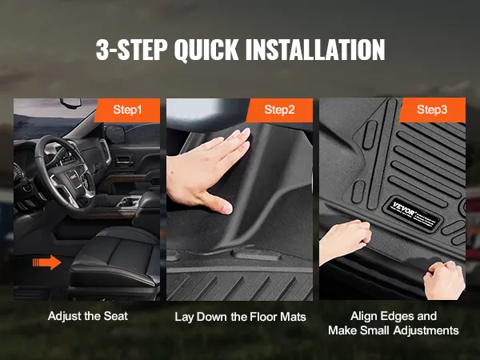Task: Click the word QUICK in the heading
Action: (x=206, y=50)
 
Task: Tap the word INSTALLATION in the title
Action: (x=315, y=50)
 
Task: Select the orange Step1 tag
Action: (x=127, y=110)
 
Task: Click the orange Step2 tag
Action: (x=279, y=110)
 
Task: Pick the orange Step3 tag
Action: (x=432, y=110)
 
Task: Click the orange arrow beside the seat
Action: (x=46, y=262)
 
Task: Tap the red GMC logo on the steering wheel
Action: (x=73, y=176)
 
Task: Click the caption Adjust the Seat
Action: (x=88, y=316)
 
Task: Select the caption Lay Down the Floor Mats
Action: (x=240, y=317)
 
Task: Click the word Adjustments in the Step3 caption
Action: (x=426, y=330)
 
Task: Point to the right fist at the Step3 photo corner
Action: (x=444, y=280)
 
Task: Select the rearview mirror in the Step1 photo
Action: (x=70, y=102)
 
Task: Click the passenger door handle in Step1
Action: (x=124, y=159)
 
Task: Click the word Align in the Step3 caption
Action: (x=364, y=316)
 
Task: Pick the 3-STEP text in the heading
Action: (x=132, y=50)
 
